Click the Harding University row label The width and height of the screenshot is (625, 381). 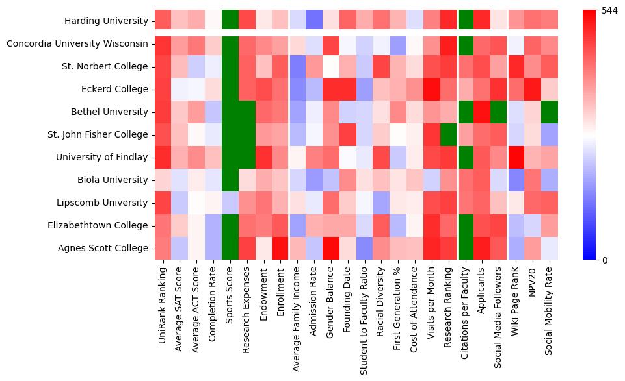click(106, 21)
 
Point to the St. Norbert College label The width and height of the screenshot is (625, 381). click(109, 67)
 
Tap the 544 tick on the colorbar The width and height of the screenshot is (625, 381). click(609, 11)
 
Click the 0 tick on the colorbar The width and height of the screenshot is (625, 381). click(605, 260)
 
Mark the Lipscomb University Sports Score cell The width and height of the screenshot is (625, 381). click(230, 203)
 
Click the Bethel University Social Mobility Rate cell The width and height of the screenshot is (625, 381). click(550, 112)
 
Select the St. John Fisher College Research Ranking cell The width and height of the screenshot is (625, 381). click(449, 135)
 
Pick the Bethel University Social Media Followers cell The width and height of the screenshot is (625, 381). click(499, 112)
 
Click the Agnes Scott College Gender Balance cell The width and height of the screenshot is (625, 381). click(331, 249)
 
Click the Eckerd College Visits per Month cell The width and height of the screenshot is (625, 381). click(432, 90)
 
